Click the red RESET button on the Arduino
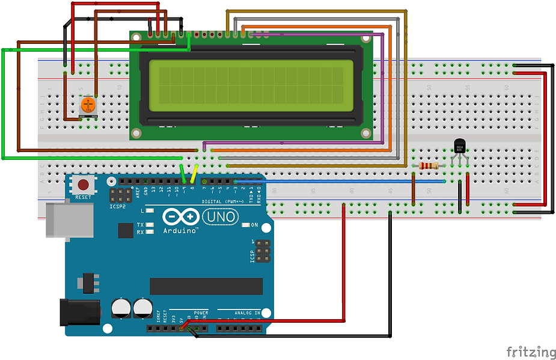pos(83,185)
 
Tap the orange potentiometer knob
pos(88,105)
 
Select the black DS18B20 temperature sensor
pos(459,146)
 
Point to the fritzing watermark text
pos(530,352)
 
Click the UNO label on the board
pos(221,216)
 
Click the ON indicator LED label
pos(254,225)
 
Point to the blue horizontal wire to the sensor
pos(337,180)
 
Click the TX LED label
pos(140,225)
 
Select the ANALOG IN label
pos(246,313)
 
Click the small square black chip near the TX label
pos(126,231)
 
